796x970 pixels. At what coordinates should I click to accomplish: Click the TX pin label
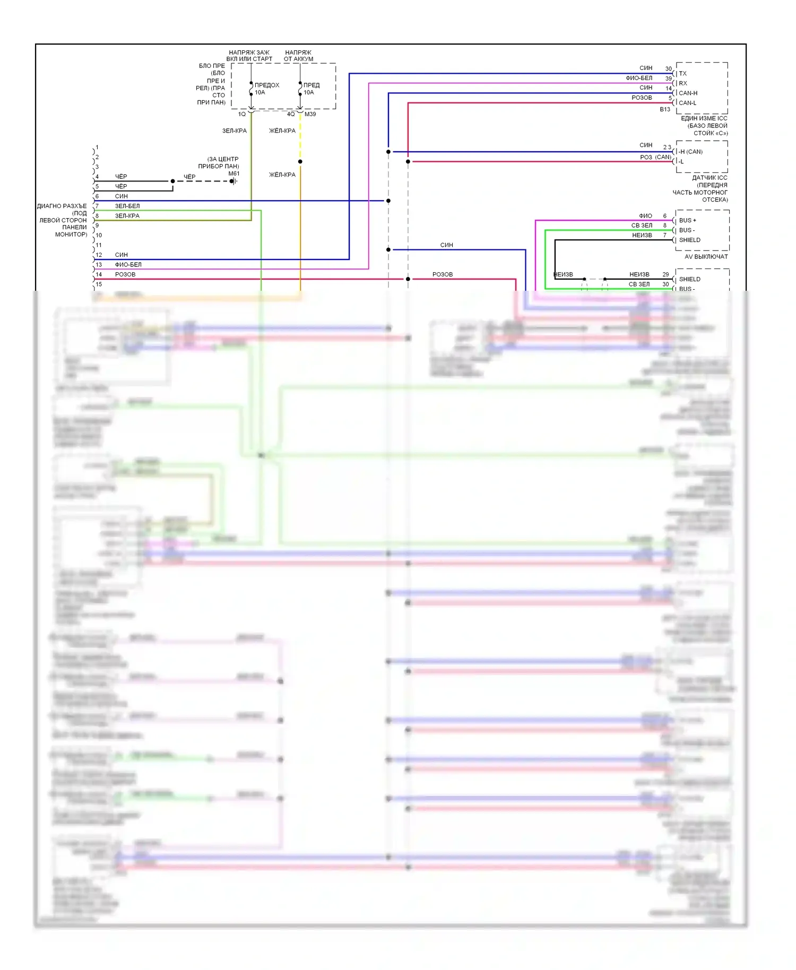click(x=682, y=74)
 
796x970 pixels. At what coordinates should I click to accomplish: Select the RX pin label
click(x=683, y=83)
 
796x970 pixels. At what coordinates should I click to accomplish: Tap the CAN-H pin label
click(x=688, y=93)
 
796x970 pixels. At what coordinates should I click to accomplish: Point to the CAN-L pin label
click(x=688, y=103)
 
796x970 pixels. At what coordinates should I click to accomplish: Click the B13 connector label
click(x=665, y=109)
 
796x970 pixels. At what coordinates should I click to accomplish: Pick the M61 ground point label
click(x=233, y=174)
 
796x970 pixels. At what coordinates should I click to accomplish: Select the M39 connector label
click(x=310, y=114)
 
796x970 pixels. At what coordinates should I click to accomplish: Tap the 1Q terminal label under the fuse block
click(x=242, y=114)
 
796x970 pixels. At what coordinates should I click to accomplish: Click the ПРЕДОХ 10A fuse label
click(x=266, y=89)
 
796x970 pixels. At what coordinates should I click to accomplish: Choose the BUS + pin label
click(x=688, y=220)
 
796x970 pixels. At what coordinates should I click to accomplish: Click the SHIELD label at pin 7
click(x=690, y=240)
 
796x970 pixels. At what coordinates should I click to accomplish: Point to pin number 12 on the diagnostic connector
click(x=99, y=255)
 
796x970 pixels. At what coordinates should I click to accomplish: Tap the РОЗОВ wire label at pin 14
click(x=125, y=274)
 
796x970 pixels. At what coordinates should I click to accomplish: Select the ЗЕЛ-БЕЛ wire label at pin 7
click(x=127, y=206)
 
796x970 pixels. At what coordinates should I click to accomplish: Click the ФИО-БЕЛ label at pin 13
click(x=128, y=265)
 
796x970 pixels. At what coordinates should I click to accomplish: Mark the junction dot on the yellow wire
click(x=300, y=161)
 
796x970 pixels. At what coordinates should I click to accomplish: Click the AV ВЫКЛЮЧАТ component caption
click(x=706, y=257)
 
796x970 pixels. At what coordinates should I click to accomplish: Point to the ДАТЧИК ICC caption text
click(x=710, y=178)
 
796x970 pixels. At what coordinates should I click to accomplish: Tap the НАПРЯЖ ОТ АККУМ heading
click(x=298, y=56)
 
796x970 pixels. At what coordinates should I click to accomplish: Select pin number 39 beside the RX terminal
click(x=669, y=79)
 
